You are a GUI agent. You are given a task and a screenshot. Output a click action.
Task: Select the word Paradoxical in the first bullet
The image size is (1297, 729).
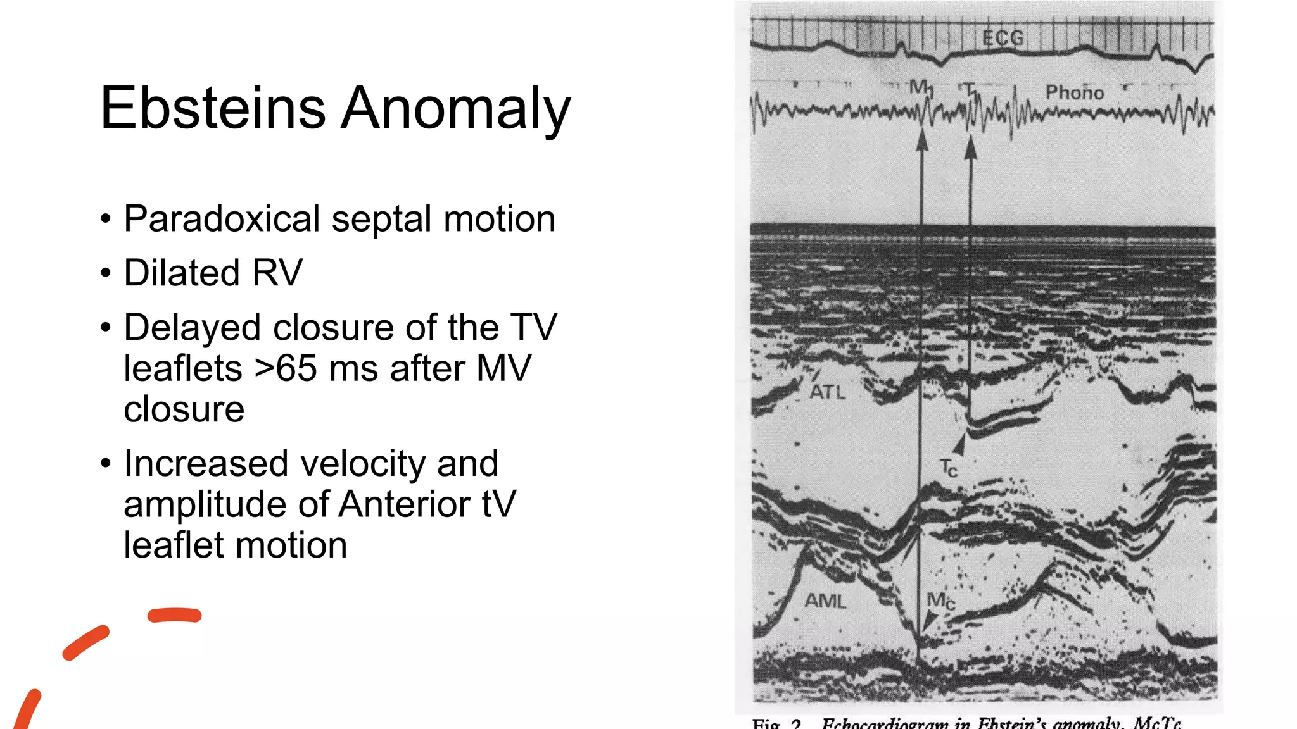pyautogui.click(x=222, y=219)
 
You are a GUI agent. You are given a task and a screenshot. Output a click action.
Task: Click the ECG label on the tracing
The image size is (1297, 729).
pyautogui.click(x=1003, y=38)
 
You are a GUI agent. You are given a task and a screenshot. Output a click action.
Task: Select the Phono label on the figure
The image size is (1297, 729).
pyautogui.click(x=1074, y=93)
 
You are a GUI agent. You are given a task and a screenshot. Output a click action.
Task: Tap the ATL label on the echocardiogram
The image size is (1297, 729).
pyautogui.click(x=828, y=392)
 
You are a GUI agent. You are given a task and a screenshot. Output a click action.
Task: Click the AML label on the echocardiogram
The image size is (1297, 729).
pyautogui.click(x=825, y=601)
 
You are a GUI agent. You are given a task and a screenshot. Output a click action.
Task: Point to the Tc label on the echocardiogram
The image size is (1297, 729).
pyautogui.click(x=948, y=468)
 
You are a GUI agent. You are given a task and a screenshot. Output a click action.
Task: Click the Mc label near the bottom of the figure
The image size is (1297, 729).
pyautogui.click(x=940, y=601)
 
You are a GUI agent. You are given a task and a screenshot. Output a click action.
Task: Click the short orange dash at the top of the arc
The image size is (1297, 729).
pyautogui.click(x=174, y=615)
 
